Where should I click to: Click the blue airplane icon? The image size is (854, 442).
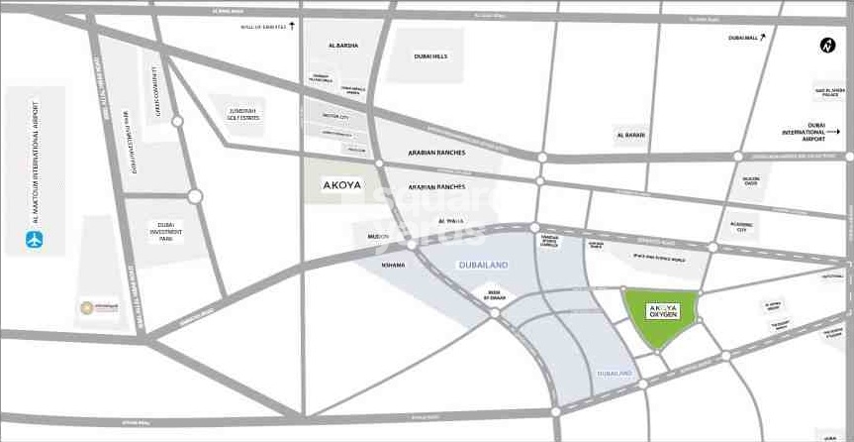point(35,239)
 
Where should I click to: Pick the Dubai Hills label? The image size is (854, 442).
point(431,55)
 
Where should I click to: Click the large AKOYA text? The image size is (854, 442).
point(342,184)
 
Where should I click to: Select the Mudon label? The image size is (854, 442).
point(377,237)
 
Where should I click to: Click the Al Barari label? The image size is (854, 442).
point(630,135)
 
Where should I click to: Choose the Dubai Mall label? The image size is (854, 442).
point(742,38)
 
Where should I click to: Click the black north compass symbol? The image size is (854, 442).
point(827,45)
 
